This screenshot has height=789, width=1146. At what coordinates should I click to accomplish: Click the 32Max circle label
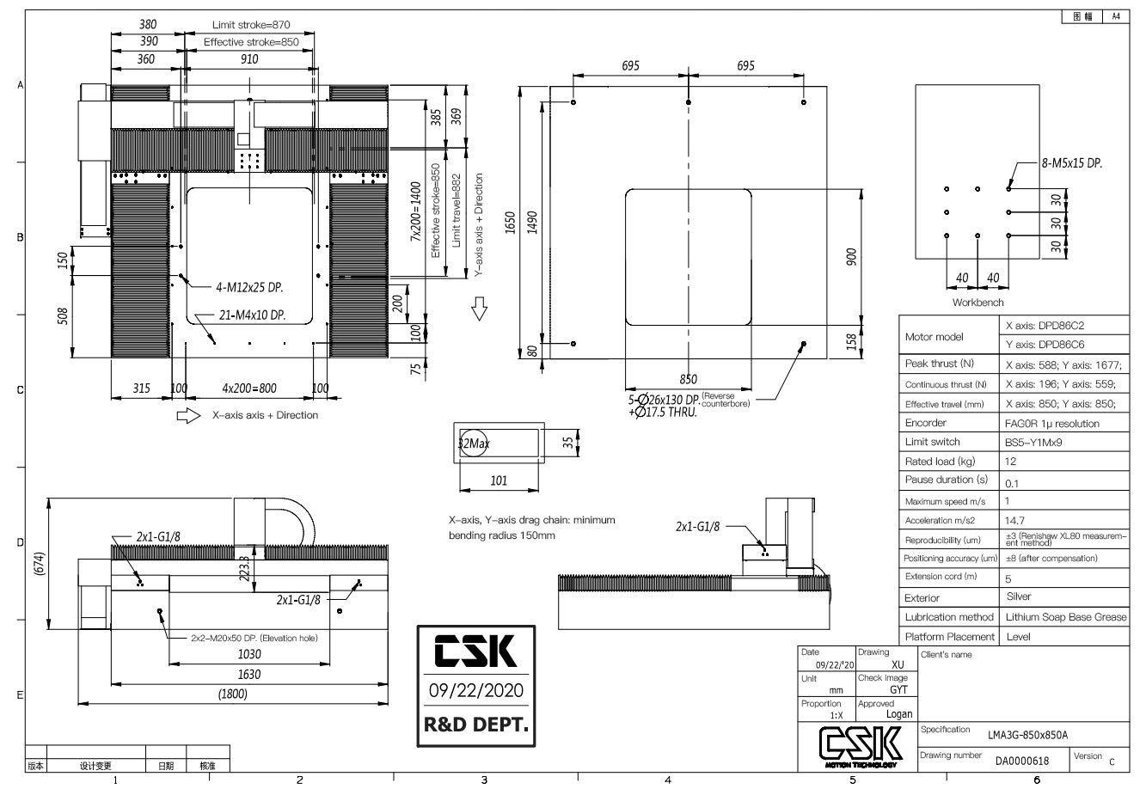coord(473,443)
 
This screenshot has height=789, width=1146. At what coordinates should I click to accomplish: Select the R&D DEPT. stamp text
coord(475,725)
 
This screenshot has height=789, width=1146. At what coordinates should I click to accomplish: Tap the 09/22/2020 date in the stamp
coord(475,691)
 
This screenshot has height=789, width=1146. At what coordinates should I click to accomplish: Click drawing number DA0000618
coord(1021,761)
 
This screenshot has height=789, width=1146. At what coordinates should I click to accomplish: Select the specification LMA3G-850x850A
coord(1028,735)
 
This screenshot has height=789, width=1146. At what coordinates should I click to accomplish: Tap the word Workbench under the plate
coord(977,303)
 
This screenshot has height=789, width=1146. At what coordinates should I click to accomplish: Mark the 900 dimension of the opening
coord(852,256)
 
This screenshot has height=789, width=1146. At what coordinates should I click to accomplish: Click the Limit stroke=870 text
coord(252,25)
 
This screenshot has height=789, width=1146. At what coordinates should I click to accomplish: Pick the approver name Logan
coord(898,714)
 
